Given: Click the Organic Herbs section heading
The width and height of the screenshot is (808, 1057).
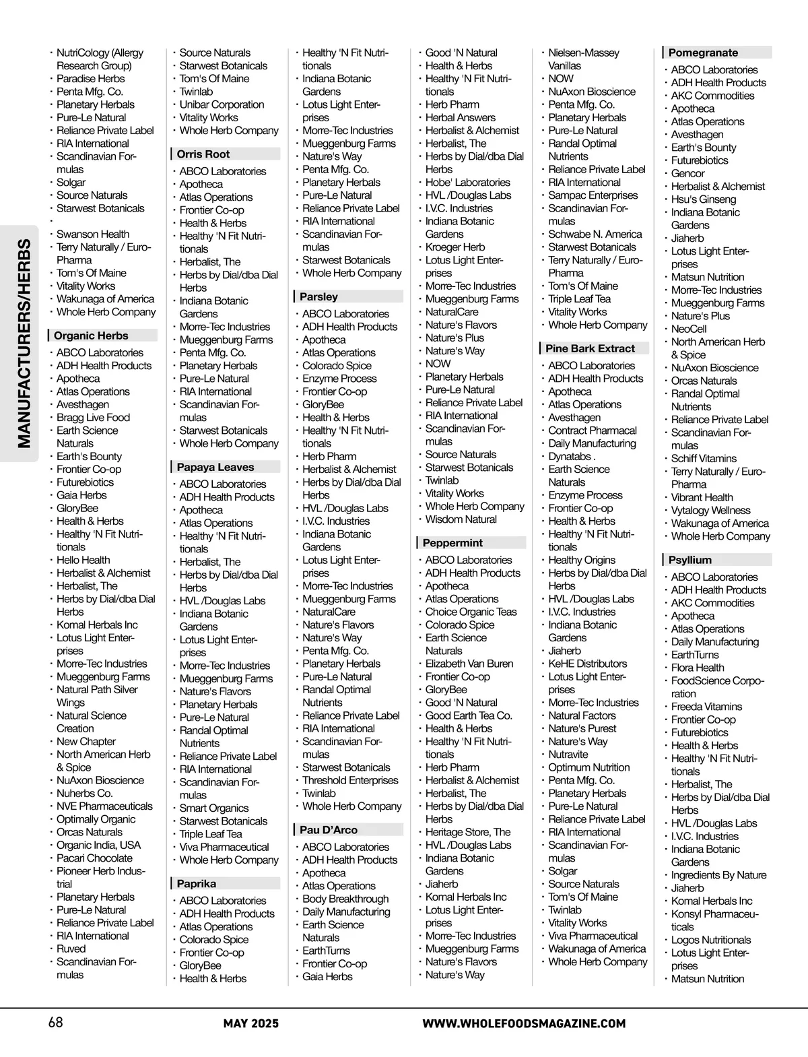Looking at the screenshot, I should click(x=91, y=335).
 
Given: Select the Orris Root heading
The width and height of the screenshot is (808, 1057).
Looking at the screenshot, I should click(x=203, y=154).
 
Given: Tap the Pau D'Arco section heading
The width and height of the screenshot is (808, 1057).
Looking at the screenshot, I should click(x=329, y=830).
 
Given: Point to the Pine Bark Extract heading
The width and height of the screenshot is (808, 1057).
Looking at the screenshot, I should click(x=590, y=348).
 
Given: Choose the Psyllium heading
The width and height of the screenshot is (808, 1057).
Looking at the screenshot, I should click(x=690, y=560).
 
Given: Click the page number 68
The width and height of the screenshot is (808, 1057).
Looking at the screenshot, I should click(x=56, y=1023).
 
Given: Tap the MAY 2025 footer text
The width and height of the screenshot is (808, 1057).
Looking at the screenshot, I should click(x=251, y=1024).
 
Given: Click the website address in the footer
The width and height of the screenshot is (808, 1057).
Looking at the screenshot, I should click(x=524, y=1024).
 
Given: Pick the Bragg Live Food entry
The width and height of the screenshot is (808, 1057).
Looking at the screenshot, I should click(x=93, y=418).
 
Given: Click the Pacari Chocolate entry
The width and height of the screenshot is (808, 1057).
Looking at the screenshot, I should click(x=94, y=858).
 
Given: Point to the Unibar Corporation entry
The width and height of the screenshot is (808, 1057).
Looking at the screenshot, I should click(x=222, y=104).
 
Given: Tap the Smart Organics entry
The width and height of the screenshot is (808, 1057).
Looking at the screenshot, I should click(x=214, y=808).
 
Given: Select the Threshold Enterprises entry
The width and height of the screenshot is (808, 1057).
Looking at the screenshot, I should click(x=350, y=780).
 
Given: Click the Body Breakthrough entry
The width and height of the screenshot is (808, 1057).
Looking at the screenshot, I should click(x=345, y=899).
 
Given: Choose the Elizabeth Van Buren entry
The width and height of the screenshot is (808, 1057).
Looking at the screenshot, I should click(x=469, y=664).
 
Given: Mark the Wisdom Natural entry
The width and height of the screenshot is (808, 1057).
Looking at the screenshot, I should click(x=461, y=519).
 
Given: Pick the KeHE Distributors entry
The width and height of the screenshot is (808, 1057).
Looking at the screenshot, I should click(x=588, y=664).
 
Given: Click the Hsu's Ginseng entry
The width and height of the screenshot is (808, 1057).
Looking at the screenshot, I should click(x=704, y=199).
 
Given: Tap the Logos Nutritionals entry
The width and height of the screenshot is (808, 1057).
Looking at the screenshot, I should click(x=711, y=940).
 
